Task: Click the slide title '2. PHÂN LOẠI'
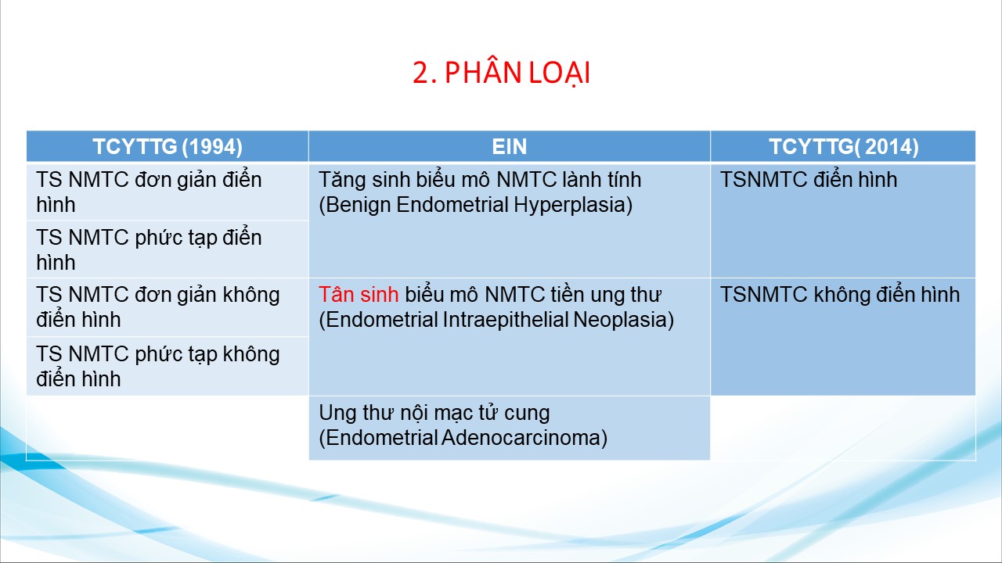[x=502, y=73]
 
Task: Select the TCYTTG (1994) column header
[x=168, y=146]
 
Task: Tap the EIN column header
[x=509, y=146]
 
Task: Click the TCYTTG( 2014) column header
[x=843, y=146]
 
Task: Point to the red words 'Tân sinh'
[x=359, y=295]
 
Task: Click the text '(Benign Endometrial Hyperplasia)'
[x=475, y=205]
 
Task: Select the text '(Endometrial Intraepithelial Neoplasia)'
[x=496, y=320]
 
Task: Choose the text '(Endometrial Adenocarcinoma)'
[x=463, y=438]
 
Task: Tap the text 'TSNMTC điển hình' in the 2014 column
[x=809, y=180]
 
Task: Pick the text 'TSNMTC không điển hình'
[x=840, y=295]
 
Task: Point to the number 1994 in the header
[x=212, y=146]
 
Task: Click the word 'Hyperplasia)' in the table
[x=573, y=206]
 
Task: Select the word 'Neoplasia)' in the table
[x=624, y=321]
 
